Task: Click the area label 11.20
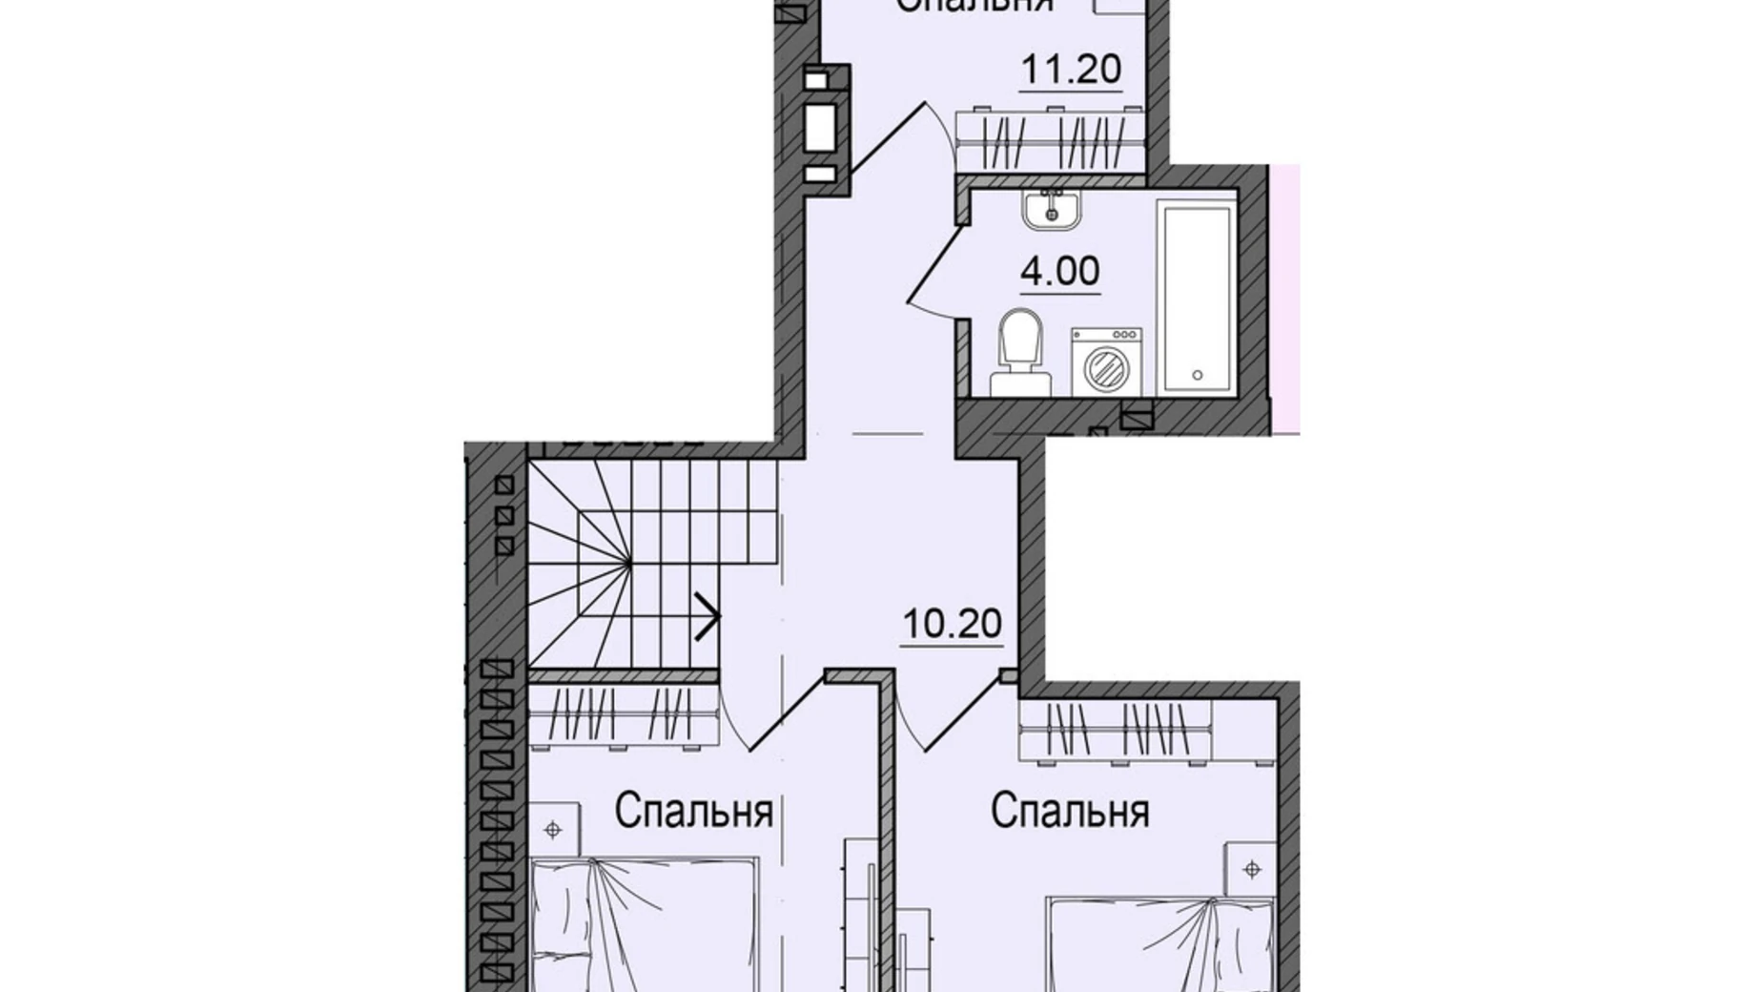coord(1070,70)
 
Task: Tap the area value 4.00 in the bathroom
coord(1059,272)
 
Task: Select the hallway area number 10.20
coord(951,625)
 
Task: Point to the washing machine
coord(1106,362)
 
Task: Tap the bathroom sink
coord(1052,209)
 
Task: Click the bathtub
coord(1196,296)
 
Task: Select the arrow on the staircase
coord(707,615)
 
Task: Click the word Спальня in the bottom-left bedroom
coord(692,813)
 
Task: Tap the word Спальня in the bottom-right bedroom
coord(1069,813)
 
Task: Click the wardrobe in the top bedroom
coord(1050,142)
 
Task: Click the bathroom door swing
coord(934,262)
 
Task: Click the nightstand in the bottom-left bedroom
coord(554,830)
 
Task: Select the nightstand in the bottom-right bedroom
coord(1252,869)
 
